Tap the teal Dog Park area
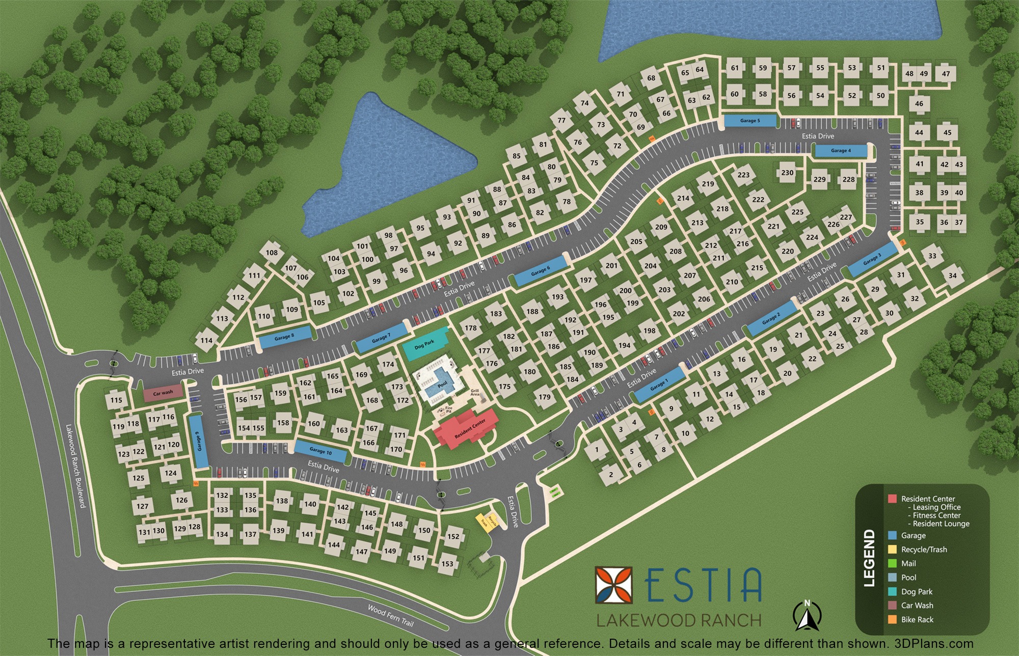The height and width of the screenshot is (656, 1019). pos(424,345)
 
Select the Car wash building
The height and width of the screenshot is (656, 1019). pos(163,393)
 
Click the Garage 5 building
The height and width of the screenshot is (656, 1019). pos(750,121)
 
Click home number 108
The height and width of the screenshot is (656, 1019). pos(272,253)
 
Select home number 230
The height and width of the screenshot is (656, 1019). pos(787,173)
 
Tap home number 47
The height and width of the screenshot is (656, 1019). pos(946,74)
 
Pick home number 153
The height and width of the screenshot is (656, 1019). pos(447,564)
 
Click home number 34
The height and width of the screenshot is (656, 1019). pos(952,276)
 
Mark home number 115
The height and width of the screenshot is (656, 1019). pos(116,400)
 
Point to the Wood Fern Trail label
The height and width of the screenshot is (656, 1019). pos(391,616)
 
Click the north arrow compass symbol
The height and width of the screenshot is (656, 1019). pos(807,615)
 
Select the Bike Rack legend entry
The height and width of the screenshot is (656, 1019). pos(917,620)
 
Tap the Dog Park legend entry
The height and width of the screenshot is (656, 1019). pos(917,592)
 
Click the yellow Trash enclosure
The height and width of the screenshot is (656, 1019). pos(481,521)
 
